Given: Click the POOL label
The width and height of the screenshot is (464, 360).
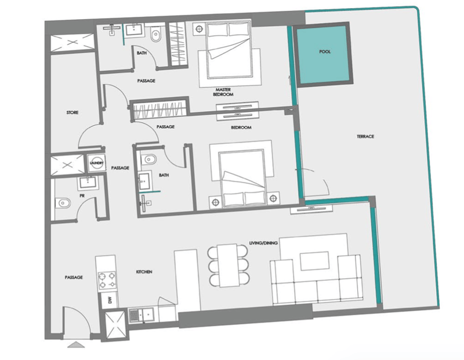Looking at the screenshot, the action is (x=325, y=52).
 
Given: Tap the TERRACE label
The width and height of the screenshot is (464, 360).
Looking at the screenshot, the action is (x=365, y=136).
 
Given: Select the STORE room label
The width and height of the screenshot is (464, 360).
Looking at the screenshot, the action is (x=72, y=112).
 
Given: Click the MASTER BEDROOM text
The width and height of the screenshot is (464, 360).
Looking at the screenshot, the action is (x=223, y=92).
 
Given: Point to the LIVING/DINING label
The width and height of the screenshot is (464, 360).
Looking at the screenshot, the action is (x=263, y=243).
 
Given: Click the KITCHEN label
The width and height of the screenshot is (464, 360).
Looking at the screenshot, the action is (x=144, y=271).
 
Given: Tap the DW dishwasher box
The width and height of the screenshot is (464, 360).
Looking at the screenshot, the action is (x=110, y=300).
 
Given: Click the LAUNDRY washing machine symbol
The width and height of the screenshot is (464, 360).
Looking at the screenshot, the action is (x=97, y=163).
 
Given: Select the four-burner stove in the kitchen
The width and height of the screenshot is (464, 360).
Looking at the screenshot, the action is (x=107, y=280).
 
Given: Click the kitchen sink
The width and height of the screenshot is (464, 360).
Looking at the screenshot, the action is (x=142, y=314).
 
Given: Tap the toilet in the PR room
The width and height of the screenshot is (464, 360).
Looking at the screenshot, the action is (x=63, y=203).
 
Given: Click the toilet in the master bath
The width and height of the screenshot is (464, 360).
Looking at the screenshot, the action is (x=155, y=35).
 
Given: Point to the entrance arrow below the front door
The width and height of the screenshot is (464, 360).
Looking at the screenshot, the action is (x=77, y=344).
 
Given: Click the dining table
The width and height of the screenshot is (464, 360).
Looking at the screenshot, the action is (x=228, y=266).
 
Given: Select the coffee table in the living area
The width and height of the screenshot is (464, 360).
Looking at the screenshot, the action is (x=314, y=261).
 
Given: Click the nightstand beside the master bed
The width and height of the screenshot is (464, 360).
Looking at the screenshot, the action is (x=199, y=29).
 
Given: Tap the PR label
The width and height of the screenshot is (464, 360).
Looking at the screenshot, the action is (x=82, y=196).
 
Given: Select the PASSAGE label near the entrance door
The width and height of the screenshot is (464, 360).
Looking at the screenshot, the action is (x=74, y=277).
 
